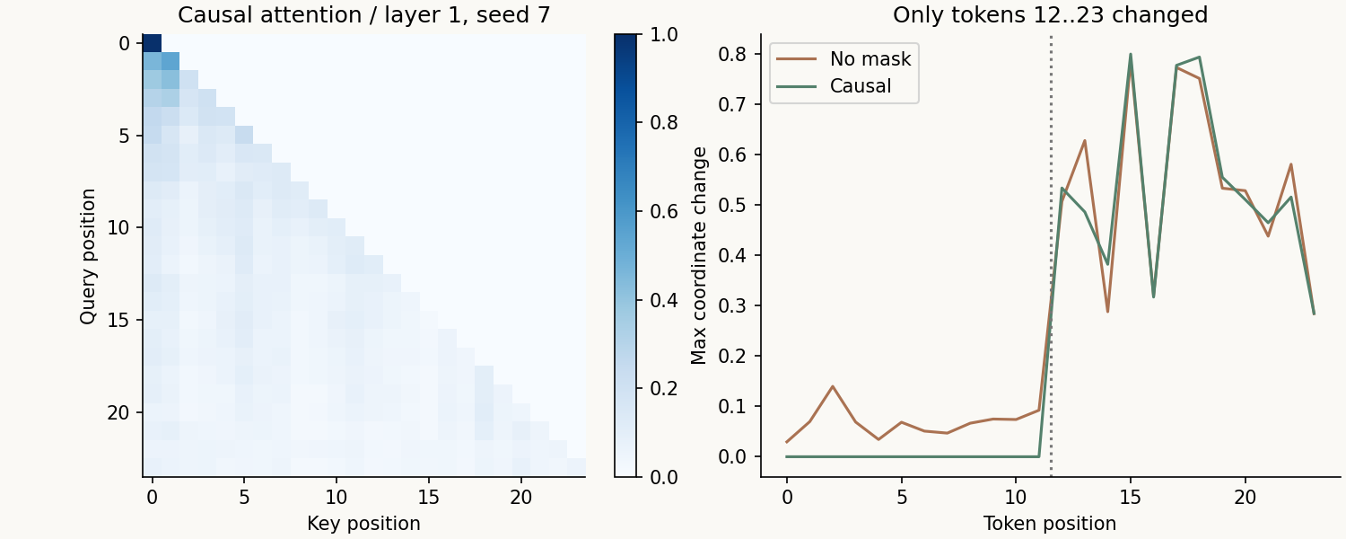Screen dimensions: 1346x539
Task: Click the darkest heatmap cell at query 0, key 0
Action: [152, 43]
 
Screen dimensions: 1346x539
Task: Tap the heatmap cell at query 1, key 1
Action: [170, 61]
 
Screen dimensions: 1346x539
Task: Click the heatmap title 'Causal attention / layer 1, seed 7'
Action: [364, 14]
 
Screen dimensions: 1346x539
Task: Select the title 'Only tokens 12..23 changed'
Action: [1051, 14]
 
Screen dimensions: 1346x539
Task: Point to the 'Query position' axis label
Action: [88, 256]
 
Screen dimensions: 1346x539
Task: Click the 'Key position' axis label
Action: [364, 524]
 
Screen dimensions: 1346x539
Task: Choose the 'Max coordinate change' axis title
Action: [699, 256]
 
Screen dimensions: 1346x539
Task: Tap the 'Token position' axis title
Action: [1051, 524]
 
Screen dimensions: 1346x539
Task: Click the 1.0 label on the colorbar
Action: [664, 34]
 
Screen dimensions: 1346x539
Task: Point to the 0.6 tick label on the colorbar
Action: [664, 211]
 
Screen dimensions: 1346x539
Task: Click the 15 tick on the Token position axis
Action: [1131, 497]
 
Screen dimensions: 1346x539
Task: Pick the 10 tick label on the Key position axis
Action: [336, 497]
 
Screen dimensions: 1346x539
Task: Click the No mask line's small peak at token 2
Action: [833, 386]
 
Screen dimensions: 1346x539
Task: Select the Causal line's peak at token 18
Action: [1200, 57]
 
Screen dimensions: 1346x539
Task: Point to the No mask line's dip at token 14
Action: [1107, 312]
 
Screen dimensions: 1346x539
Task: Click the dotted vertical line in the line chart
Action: [1051, 256]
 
